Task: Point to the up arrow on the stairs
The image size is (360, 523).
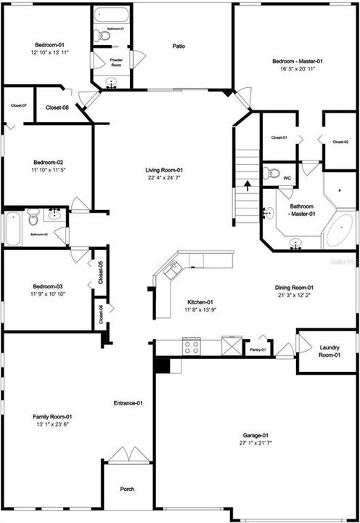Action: pyautogui.click(x=248, y=186)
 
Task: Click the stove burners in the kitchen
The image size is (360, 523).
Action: pyautogui.click(x=191, y=346)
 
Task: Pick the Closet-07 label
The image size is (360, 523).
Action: pyautogui.click(x=19, y=106)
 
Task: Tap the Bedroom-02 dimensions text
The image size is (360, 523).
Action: pyautogui.click(x=49, y=170)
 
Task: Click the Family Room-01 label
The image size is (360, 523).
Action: pyautogui.click(x=52, y=416)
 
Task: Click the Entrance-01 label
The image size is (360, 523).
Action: pyautogui.click(x=128, y=403)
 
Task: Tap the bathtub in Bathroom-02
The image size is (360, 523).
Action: pyautogui.click(x=12, y=229)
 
